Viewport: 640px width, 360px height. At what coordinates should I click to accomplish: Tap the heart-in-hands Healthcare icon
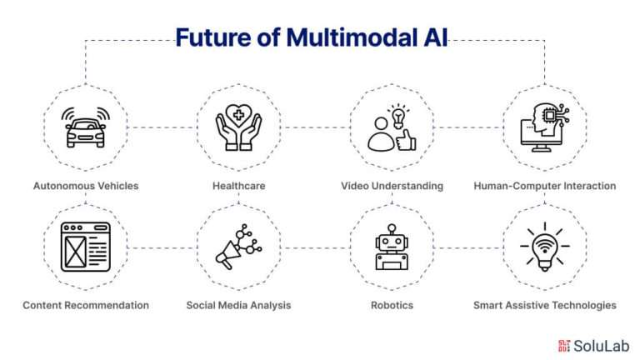click(239, 127)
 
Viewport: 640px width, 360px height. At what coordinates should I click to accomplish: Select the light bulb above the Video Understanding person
click(398, 116)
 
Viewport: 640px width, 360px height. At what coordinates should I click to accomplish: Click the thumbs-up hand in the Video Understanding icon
click(406, 140)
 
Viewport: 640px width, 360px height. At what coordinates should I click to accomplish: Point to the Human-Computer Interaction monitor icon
click(544, 127)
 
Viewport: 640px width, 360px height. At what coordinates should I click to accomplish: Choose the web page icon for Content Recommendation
click(86, 247)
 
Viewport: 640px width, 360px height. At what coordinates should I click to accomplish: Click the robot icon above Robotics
click(392, 247)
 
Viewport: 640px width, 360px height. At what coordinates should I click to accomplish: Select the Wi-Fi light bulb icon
click(545, 247)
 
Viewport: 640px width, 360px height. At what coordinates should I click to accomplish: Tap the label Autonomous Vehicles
click(86, 186)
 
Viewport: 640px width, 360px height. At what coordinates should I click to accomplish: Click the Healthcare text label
click(239, 186)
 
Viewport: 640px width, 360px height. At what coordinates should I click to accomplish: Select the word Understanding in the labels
click(407, 186)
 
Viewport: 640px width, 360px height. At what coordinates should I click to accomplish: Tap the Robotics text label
click(392, 305)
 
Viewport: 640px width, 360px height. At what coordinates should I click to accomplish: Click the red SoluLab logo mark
click(564, 346)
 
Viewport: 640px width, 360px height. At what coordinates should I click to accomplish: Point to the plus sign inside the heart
click(238, 115)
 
